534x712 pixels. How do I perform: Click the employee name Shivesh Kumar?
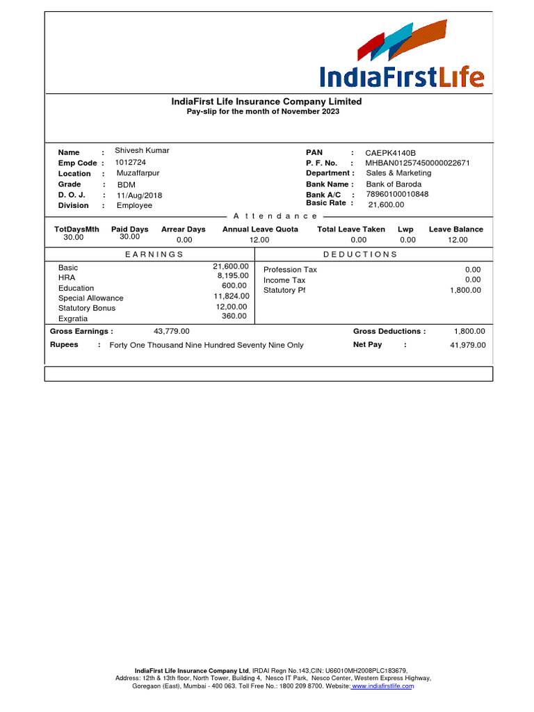(142, 150)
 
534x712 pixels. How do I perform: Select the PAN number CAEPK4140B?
(390, 153)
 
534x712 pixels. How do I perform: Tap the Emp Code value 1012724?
(131, 162)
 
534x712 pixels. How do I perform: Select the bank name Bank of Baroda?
(394, 184)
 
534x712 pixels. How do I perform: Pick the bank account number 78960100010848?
(397, 194)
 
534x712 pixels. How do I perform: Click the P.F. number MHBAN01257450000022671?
(417, 163)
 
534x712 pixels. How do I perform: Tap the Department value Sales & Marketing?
(398, 173)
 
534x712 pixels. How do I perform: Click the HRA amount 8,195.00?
(233, 275)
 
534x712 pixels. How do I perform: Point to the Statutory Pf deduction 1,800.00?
(465, 290)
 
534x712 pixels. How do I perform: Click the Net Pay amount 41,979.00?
(468, 345)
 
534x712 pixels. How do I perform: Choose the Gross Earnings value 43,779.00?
(171, 332)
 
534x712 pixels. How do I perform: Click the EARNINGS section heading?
(154, 254)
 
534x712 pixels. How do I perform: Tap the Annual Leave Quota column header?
(260, 229)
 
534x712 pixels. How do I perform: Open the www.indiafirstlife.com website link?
(383, 686)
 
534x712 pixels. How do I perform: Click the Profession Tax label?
(290, 270)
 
